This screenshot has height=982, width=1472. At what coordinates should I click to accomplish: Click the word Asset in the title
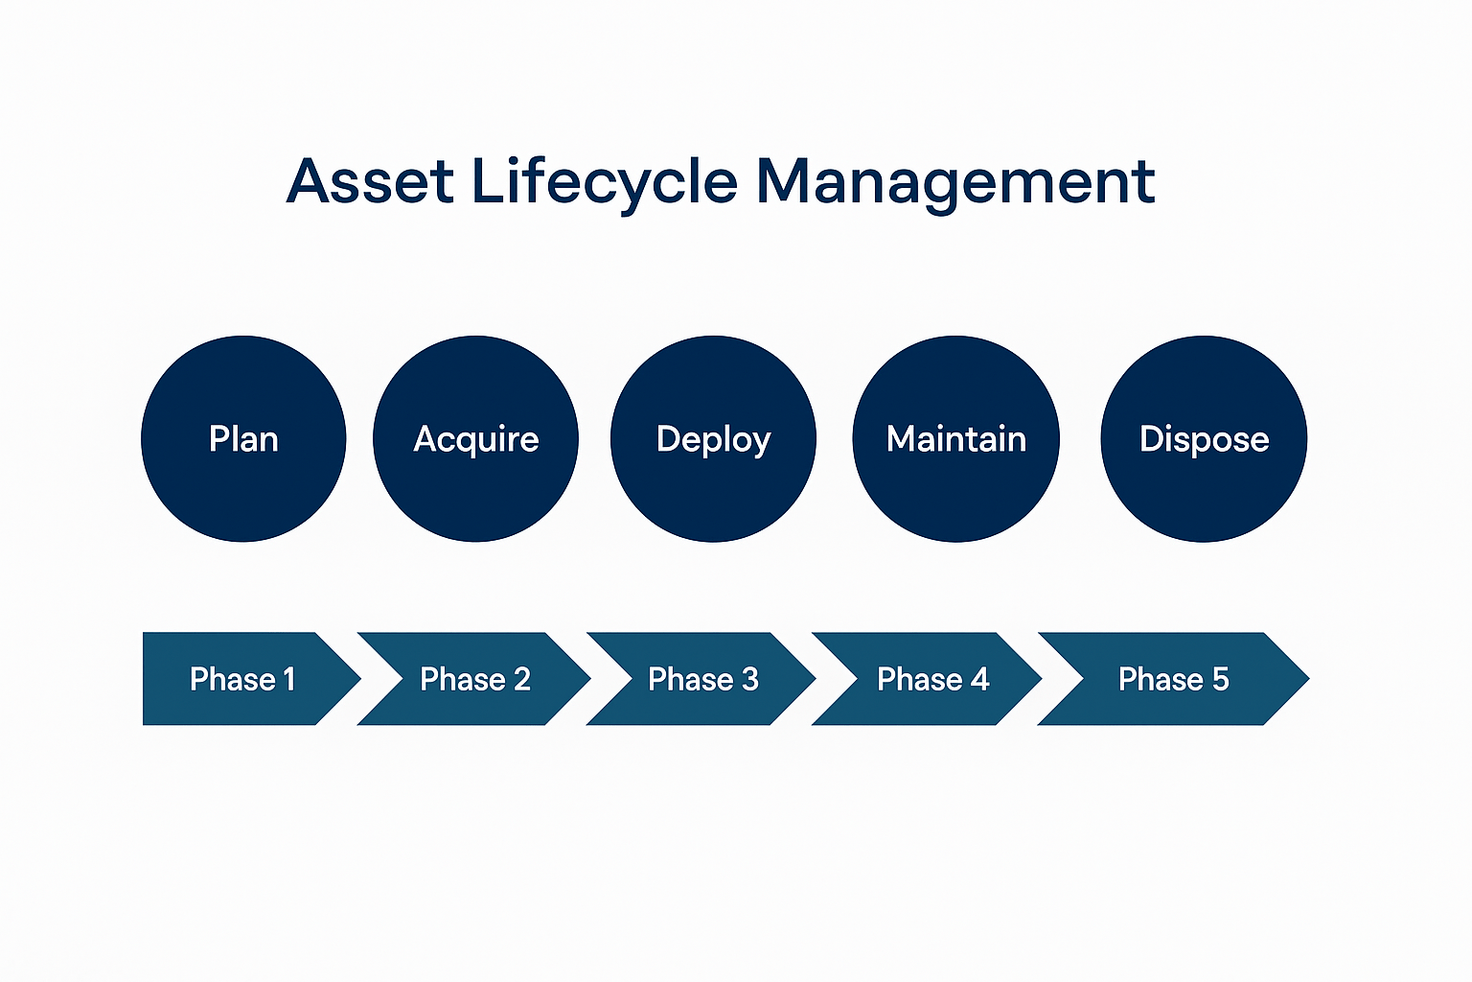(370, 181)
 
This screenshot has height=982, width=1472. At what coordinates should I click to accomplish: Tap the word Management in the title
(955, 183)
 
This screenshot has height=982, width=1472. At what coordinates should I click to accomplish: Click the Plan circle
(243, 438)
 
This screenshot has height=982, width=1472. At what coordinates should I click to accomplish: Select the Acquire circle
(475, 438)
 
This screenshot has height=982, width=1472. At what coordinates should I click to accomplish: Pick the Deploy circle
(714, 438)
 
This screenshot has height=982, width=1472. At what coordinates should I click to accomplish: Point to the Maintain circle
(956, 438)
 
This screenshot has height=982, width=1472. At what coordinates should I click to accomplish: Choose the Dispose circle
(1204, 438)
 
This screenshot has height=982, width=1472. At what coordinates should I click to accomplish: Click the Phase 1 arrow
(243, 679)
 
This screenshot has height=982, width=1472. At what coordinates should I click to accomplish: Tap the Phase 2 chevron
(474, 679)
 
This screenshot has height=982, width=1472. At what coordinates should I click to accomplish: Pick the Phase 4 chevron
(928, 679)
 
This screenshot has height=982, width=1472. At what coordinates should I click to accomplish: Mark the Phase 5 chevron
(1174, 679)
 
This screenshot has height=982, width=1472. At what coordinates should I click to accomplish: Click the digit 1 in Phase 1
(288, 680)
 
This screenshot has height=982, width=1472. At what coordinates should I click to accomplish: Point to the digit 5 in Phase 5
(1220, 680)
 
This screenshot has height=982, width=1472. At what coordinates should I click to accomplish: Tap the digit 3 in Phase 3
(749, 680)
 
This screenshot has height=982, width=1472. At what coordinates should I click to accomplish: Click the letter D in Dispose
(1151, 438)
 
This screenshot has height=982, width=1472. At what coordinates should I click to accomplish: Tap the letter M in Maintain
(902, 438)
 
